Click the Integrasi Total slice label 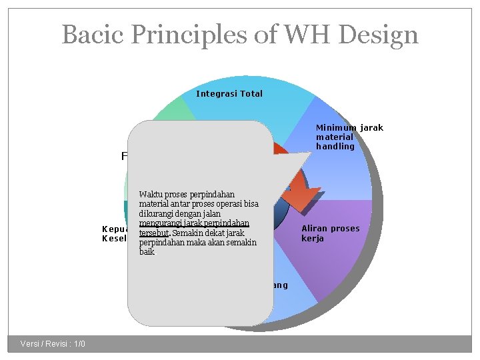click(229, 94)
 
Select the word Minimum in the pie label click(337, 127)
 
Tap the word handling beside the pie click(335, 147)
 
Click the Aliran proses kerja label click(330, 233)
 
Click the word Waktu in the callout click(150, 195)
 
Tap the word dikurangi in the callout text click(158, 213)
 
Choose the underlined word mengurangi click(161, 223)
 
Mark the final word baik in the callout click(147, 252)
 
